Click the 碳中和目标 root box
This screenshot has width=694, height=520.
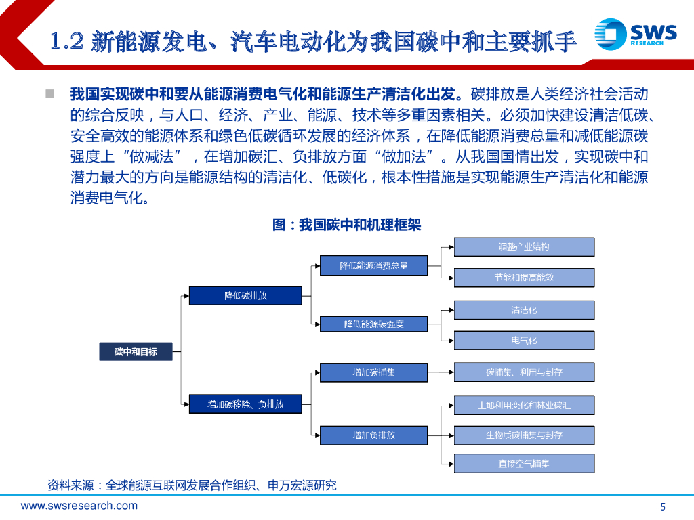coord(136,351)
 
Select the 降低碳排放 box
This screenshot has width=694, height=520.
coord(245,295)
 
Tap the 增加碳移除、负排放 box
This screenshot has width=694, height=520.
coord(245,404)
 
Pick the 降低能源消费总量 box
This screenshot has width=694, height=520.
coord(373,265)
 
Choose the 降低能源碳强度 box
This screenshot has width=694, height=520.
coord(373,324)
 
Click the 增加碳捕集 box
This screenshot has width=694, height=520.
coord(373,372)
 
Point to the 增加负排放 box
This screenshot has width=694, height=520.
coord(373,435)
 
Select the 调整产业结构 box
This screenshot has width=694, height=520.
coord(524,246)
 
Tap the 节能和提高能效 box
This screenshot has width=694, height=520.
coord(524,277)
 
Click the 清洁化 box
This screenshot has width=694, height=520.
coord(524,310)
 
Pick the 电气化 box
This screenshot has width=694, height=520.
coord(524,340)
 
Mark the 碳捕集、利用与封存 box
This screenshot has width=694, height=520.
coord(524,372)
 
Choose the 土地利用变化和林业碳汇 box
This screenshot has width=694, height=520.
coord(524,405)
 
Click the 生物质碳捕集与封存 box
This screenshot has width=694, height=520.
coord(524,435)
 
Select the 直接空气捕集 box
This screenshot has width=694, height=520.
coord(524,464)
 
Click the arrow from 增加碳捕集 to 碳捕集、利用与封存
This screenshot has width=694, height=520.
coord(441,372)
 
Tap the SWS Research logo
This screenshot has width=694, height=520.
coord(635,33)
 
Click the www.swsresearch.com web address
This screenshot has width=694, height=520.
coord(79,506)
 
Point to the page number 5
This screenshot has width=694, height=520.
coord(663,507)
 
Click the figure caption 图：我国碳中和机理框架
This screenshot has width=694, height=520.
coord(346,224)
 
